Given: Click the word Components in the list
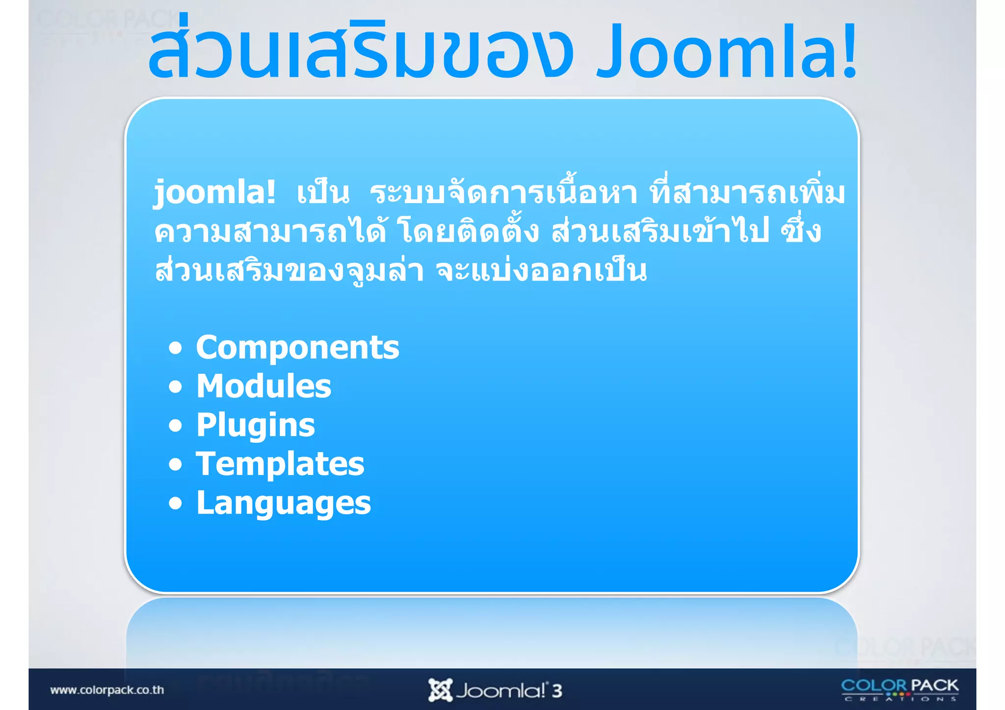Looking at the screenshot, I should [297, 347].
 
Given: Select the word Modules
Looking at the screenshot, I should [264, 386].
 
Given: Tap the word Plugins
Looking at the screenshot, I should [256, 425].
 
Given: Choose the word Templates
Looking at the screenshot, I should [280, 464].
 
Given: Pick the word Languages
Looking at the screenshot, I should [284, 503].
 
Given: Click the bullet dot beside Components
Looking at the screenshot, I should [175, 348].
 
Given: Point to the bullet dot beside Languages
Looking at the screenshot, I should [175, 503].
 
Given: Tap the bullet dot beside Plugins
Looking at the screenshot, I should [175, 425].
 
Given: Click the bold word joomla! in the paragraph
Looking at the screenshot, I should [214, 192].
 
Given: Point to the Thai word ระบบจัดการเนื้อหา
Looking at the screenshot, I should [503, 192].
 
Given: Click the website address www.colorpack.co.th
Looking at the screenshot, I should [107, 690].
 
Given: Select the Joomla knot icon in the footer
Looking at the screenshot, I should [440, 690].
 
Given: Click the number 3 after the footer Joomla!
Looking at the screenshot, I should [556, 691].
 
